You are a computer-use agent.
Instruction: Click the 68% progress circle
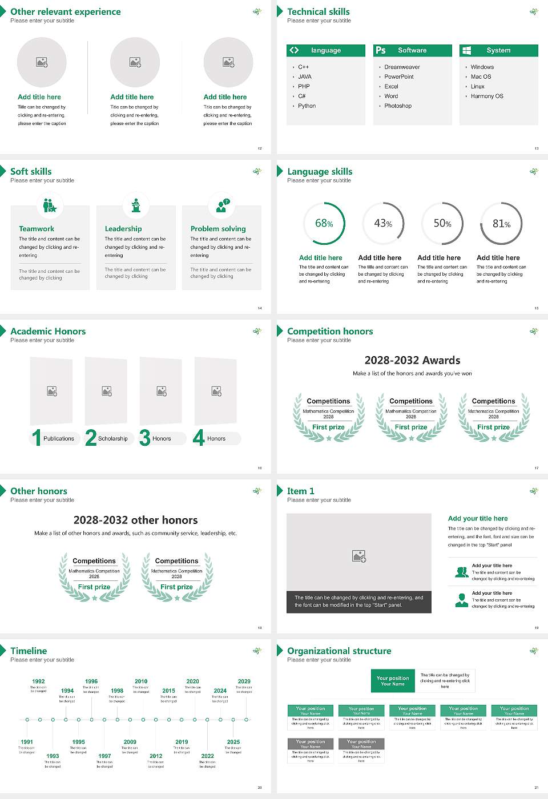coord(324,224)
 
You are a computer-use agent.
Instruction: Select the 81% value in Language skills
coord(501,224)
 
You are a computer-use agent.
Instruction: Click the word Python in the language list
coord(307,106)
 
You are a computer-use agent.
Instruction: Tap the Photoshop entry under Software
coord(398,106)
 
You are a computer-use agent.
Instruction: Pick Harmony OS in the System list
coord(487,96)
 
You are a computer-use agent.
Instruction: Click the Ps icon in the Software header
coord(381,50)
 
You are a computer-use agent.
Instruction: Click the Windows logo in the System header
coord(466,50)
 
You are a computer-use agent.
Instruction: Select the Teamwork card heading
coord(37,229)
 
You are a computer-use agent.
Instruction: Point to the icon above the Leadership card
coord(136,205)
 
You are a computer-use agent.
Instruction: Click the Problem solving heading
coord(218,229)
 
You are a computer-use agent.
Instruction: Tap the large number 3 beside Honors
coord(144,438)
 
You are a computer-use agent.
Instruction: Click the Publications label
coord(59,439)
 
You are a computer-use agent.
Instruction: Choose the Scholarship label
coord(112,439)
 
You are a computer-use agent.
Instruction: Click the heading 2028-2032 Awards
coord(412,361)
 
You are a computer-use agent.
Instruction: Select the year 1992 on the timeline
coord(38,681)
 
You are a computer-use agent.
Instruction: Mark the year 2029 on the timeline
coord(244,681)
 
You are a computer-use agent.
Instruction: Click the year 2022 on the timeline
coord(207,756)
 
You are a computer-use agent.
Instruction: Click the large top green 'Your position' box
coord(393,681)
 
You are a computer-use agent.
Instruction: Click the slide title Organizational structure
coord(339,651)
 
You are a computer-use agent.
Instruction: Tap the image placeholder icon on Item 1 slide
coord(359,556)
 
